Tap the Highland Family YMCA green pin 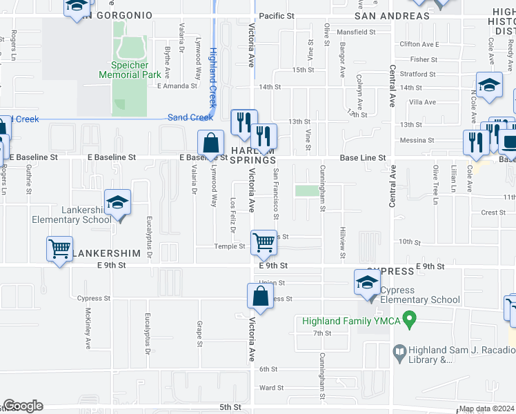point(409,320)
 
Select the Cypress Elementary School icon point(366,282)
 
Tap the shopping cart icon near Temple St point(263,242)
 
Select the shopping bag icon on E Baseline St point(210,144)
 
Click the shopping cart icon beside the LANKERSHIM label point(59,249)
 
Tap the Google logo point(23,406)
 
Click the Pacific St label point(277,15)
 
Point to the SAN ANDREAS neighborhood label point(392,16)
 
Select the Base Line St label point(362,158)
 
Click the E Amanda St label point(177,86)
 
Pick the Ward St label point(268,388)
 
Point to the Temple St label point(229,246)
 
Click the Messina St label point(413,140)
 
